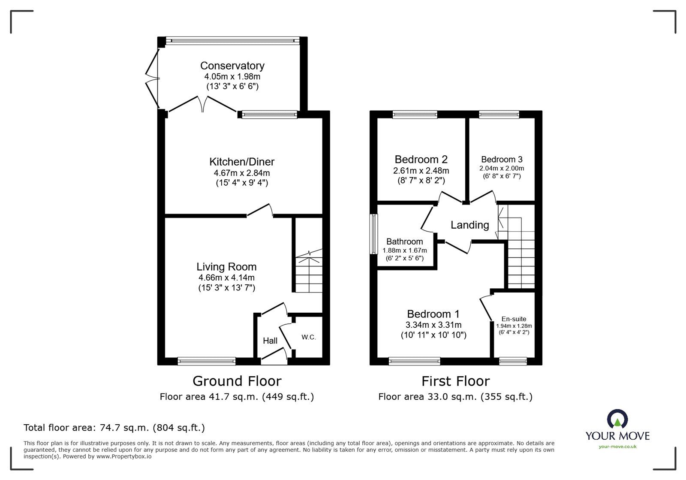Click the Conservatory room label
click(x=232, y=66)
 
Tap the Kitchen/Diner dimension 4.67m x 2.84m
click(x=242, y=173)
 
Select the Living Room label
click(x=226, y=267)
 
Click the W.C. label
click(x=309, y=337)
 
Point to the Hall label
click(x=270, y=341)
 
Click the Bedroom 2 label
click(x=421, y=160)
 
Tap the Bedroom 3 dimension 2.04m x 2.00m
click(x=502, y=168)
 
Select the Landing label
click(x=469, y=225)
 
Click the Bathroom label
click(x=404, y=242)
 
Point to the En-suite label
click(x=514, y=319)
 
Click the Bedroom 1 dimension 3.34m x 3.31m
click(x=433, y=325)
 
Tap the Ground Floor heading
click(x=237, y=381)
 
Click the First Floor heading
click(x=455, y=381)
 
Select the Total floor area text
click(x=114, y=428)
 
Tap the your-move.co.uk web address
click(x=617, y=447)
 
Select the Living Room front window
click(x=207, y=361)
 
